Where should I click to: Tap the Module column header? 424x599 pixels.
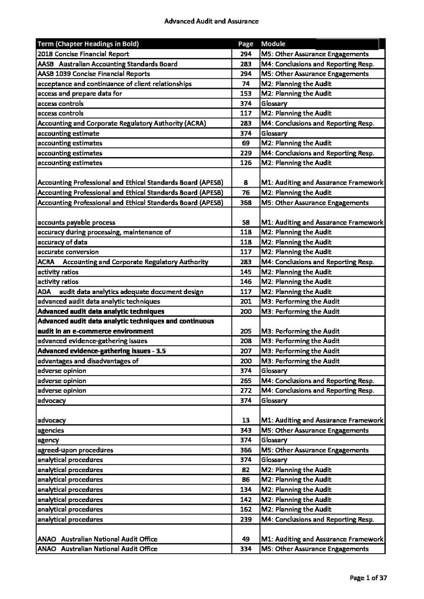(274, 44)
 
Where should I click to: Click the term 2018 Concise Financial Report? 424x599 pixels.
(83, 54)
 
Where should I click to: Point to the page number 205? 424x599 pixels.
(246, 331)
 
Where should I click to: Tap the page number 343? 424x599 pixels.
(246, 430)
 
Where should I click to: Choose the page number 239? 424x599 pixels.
(246, 520)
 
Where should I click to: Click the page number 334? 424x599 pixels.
(246, 549)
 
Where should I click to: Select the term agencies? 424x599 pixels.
(50, 430)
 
